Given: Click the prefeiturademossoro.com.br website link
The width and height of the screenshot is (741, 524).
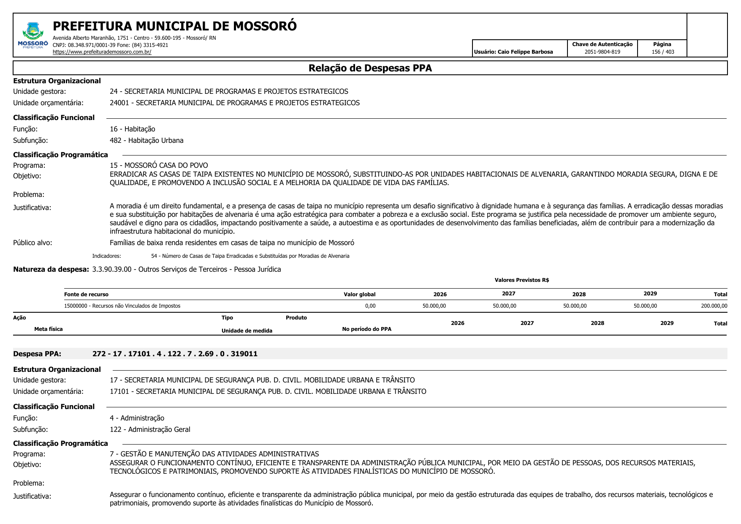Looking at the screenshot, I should pos(102,52).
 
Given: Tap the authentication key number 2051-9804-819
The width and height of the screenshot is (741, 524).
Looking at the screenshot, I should pos(602,52).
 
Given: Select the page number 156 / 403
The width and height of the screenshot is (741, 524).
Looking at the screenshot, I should pos(662,52).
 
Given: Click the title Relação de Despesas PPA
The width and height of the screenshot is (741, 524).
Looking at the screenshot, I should pos(370,68).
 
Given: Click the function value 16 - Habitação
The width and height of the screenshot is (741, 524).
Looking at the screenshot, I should pos(132,129).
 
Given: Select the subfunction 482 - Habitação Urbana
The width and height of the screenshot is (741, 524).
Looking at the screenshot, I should pos(147,140).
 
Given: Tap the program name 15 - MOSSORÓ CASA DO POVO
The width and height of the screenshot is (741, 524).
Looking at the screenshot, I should pos(159,165).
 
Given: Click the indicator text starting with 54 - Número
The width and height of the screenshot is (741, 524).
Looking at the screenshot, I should pos(250,256).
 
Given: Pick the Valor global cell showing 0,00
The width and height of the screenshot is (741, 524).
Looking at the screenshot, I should pos(370,306).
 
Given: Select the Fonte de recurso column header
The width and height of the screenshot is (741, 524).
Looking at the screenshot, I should pos(86,295).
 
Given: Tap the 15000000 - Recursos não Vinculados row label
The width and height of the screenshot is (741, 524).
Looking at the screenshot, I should pos(122,306).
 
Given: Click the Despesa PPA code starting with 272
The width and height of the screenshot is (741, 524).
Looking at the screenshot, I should pos(175,354).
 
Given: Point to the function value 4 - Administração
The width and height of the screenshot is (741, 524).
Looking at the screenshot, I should pos(137,418).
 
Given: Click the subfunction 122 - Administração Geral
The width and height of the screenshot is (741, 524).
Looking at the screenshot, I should pos(150,429).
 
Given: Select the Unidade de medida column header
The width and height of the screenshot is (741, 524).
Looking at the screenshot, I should pos(247,331).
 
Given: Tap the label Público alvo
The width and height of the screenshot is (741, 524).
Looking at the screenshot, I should pos(33,243).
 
